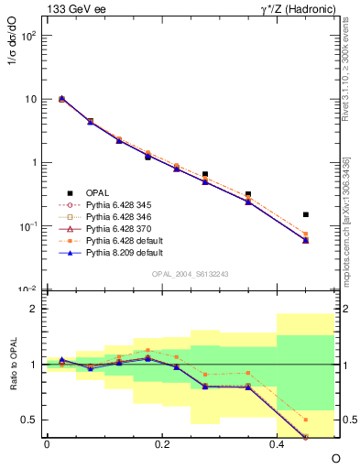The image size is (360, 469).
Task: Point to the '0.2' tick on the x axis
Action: click(162, 444)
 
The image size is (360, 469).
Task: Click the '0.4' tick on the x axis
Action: click(277, 444)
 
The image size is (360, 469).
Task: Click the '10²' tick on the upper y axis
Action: click(27, 36)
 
